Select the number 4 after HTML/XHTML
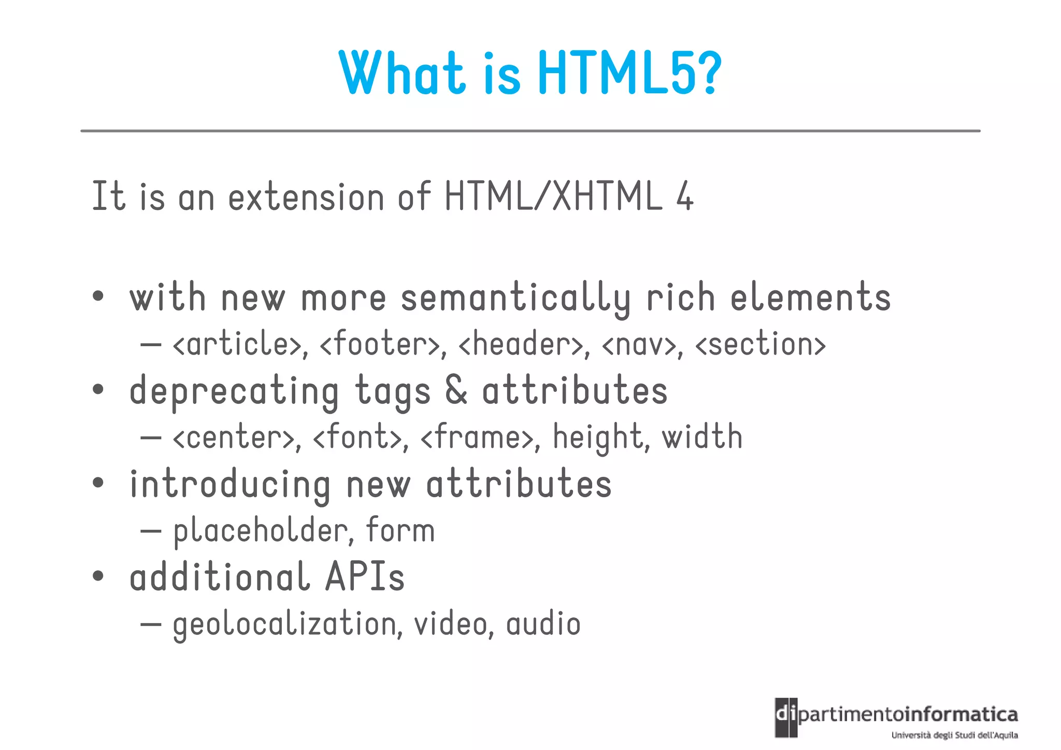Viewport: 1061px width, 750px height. coord(684,196)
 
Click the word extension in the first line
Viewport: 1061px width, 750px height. coord(306,197)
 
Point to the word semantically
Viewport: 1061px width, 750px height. coord(515,299)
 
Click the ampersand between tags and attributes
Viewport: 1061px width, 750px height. coord(456,391)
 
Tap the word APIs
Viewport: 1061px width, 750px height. coord(365,577)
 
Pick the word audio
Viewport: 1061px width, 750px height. coord(543,624)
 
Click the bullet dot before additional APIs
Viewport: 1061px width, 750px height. coord(98,576)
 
